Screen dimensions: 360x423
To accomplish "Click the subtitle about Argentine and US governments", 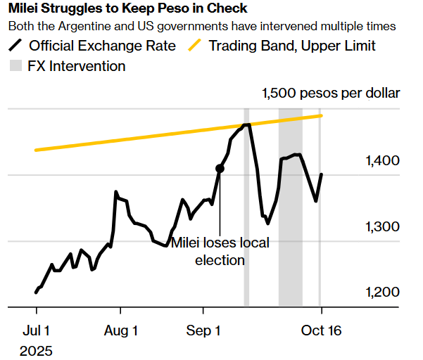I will click(x=201, y=27).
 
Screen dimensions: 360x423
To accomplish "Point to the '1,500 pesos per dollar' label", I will click(x=331, y=94).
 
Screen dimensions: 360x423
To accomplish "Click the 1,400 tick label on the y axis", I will click(x=383, y=161).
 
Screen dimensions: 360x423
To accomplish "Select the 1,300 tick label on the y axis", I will click(x=383, y=227).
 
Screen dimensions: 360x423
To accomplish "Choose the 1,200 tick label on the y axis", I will click(x=383, y=293).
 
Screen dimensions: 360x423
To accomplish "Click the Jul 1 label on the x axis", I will click(x=36, y=330).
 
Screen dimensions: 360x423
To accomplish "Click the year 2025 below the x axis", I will click(x=37, y=349).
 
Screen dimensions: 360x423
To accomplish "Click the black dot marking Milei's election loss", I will click(x=220, y=169).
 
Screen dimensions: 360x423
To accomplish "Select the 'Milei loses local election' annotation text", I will click(x=220, y=252).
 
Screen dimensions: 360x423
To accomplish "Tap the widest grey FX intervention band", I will click(x=290, y=211).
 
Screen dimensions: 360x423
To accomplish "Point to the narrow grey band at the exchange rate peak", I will click(x=246, y=211).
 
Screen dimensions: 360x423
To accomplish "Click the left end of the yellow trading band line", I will click(x=36, y=150).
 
